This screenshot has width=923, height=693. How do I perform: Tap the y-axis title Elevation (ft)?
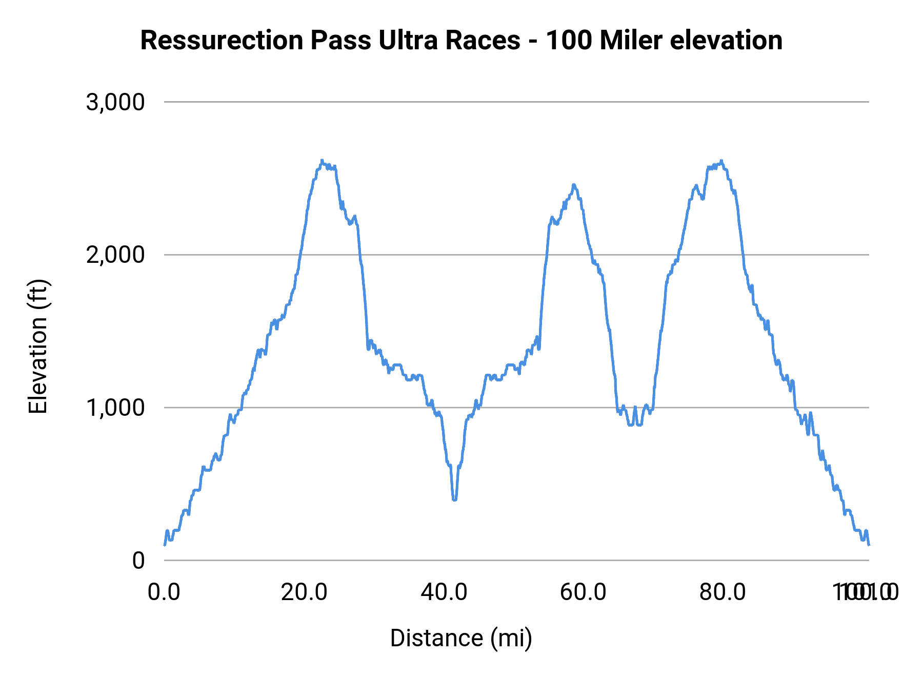[x=38, y=346]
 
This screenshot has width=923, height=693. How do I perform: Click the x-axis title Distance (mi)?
[x=461, y=638]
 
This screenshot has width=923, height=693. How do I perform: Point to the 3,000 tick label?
[x=115, y=102]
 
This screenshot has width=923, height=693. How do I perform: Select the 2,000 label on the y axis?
[x=115, y=255]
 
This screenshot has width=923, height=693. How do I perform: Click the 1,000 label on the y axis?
[x=115, y=408]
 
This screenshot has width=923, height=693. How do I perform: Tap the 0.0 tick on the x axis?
[x=164, y=592]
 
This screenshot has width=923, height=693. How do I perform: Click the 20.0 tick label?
[x=304, y=592]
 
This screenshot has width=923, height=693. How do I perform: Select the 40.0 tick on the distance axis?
[x=444, y=592]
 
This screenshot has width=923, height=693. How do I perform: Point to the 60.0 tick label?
[x=584, y=592]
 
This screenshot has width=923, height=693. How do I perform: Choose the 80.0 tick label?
[x=723, y=592]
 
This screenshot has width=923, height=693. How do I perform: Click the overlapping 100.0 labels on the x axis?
[x=866, y=592]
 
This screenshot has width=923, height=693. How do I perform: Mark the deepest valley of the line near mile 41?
[x=454, y=498]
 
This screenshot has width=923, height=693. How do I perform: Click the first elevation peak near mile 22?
[x=322, y=161]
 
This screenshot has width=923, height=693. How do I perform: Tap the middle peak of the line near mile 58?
[x=574, y=185]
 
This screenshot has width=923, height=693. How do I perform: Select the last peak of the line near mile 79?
[x=721, y=161]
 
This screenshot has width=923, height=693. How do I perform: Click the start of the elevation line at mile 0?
[x=165, y=545]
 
